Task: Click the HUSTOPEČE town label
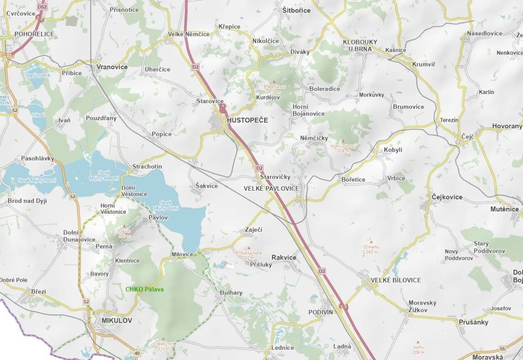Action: pos(248,121)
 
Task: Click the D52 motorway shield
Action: pos(42,7)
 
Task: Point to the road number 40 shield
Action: pos(137,353)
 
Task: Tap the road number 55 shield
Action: pos(502,349)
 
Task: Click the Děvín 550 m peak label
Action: pos(124,233)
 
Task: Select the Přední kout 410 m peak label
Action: pos(275,89)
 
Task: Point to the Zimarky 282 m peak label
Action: pos(371,249)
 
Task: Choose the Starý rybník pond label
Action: pos(37,75)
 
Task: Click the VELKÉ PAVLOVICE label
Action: pos(271,188)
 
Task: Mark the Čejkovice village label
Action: pos(446,197)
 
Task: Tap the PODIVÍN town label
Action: pos(320,312)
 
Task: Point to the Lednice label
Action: pos(282,347)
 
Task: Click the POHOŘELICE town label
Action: pos(34,34)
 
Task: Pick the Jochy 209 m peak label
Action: pos(418,350)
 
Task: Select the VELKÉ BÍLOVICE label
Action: pos(396,280)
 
